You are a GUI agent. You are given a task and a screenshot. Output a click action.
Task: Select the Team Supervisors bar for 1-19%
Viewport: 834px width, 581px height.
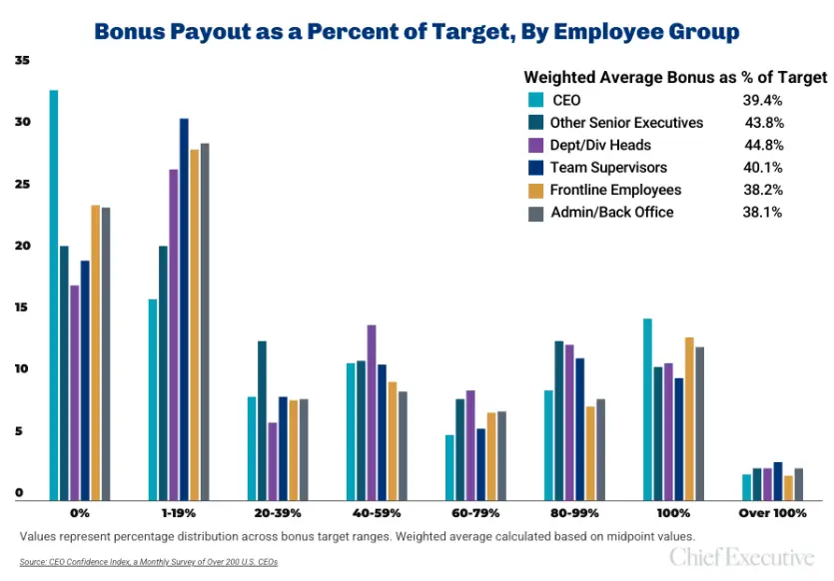click(184, 309)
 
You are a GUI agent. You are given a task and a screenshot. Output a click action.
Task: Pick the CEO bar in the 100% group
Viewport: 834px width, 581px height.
click(647, 409)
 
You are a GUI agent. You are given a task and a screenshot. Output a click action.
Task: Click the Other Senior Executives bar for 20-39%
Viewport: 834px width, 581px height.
click(262, 420)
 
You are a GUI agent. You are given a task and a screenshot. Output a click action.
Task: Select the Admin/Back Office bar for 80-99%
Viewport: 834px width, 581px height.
click(601, 449)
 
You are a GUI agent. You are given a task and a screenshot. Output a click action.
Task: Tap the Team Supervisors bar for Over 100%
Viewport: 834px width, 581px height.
click(777, 481)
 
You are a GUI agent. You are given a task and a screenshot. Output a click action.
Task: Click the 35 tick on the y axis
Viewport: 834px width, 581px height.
click(22, 61)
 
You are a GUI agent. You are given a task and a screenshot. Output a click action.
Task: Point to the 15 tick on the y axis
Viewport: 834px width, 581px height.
click(22, 308)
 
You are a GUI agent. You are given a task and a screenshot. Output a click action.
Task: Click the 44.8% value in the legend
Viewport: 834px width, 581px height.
click(763, 145)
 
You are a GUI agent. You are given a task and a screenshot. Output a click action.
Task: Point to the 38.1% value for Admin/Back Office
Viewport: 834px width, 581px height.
click(763, 212)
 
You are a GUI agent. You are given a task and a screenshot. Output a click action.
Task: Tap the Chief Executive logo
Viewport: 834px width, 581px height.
click(741, 556)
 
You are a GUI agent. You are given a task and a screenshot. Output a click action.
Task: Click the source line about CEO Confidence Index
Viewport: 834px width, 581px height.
click(148, 562)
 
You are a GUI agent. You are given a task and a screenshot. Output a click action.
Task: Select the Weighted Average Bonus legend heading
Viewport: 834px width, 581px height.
click(675, 77)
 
